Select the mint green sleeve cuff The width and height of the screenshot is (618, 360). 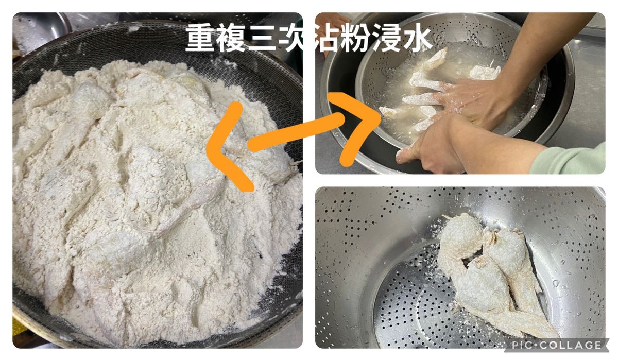tap(569, 160)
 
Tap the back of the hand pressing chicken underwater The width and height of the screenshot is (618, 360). tap(474, 99)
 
